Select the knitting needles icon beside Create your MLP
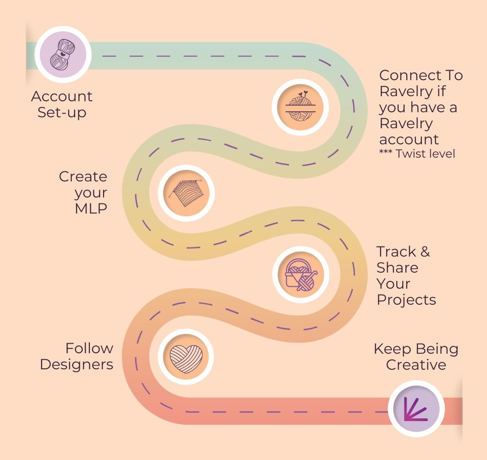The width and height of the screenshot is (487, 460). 186,193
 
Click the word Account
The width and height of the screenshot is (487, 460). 62,97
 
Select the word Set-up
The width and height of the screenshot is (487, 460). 62,113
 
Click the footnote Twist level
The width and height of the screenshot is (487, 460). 426,153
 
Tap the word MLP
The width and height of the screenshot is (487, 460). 91,208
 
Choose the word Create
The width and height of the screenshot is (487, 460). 83,176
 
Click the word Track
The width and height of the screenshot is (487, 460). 396,252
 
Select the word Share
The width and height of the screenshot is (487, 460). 398,268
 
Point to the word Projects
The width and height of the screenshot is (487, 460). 406,300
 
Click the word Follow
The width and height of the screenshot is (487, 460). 89,348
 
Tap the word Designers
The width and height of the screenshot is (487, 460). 77,365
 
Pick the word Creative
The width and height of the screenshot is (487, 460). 416,365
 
